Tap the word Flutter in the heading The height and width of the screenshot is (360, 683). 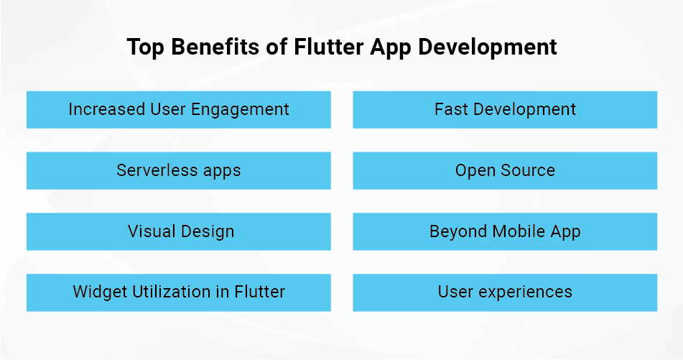(329, 47)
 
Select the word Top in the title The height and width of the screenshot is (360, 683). (146, 47)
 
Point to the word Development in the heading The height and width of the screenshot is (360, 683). (488, 47)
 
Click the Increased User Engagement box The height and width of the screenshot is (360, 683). (179, 110)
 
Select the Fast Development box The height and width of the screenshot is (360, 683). (505, 110)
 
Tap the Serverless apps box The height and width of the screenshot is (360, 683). (179, 171)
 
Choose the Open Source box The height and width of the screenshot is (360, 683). (505, 171)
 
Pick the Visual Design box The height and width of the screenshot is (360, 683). (179, 231)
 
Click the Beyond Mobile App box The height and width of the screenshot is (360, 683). (505, 231)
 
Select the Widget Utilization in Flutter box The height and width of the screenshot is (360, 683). (179, 292)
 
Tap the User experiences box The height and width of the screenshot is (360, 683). (505, 292)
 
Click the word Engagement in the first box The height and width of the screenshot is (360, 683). (240, 110)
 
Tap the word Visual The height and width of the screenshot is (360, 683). (152, 231)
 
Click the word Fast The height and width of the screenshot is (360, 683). (451, 109)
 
